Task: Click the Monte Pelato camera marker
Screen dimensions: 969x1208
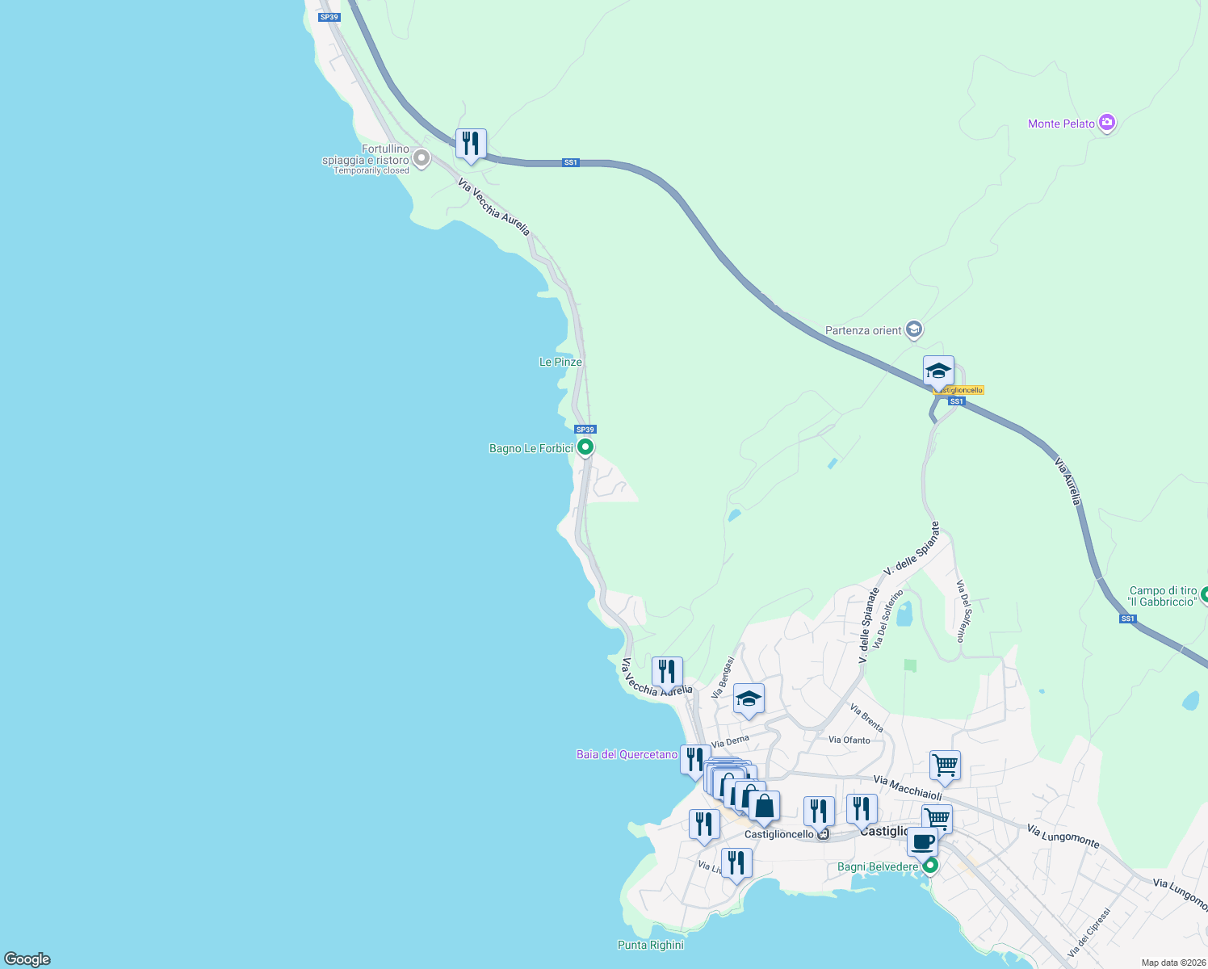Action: coord(1107,123)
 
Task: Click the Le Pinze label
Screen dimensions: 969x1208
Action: coord(560,362)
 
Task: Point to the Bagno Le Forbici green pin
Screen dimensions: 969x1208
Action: coord(585,447)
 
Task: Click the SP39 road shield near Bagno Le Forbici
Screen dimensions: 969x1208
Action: coord(585,430)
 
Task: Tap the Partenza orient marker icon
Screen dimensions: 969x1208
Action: coord(914,329)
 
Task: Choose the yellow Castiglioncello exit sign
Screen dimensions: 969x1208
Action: coord(959,391)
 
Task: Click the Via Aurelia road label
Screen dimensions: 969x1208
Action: coord(1067,481)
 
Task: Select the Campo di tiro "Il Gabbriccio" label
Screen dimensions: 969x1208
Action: coord(1163,596)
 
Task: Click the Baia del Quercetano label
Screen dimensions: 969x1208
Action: coord(627,754)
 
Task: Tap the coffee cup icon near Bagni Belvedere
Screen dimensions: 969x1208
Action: coord(922,842)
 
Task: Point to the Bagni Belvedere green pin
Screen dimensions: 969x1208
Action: coord(930,866)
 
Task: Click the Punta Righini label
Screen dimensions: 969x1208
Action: coord(650,945)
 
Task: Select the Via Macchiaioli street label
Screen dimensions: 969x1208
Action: coord(908,788)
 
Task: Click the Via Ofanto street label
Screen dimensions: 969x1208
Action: coord(849,740)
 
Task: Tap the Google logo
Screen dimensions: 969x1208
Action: coord(27,959)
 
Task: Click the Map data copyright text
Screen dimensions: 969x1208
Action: coord(1172,963)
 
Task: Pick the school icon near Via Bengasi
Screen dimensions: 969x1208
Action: coord(749,699)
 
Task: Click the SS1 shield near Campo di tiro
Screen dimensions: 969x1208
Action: coord(1127,619)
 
